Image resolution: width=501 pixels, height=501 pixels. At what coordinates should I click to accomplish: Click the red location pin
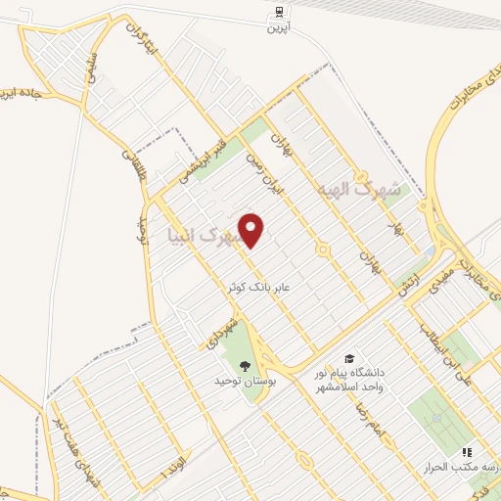point(252,230)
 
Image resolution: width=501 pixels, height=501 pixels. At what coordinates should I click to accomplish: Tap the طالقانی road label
point(132,166)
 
